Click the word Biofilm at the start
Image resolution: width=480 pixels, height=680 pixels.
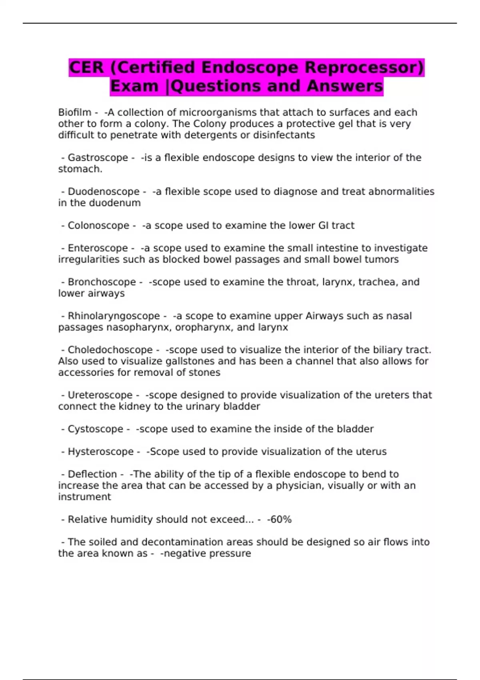coord(74,112)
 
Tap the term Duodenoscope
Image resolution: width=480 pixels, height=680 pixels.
coord(104,192)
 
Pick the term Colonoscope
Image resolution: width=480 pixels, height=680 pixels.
coord(98,226)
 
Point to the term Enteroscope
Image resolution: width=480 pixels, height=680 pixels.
coord(98,248)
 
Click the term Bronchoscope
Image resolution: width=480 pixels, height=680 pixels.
coord(102,282)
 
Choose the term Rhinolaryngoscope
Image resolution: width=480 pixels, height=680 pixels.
coord(114,316)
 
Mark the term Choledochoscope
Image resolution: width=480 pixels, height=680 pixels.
coord(110,350)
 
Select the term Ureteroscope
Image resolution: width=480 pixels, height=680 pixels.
coord(100,395)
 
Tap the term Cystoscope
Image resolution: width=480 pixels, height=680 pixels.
coord(95,429)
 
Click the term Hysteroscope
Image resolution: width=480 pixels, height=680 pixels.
coord(100,452)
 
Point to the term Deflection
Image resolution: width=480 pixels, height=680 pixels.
coord(92,474)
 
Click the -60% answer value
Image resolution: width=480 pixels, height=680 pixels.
coord(279,520)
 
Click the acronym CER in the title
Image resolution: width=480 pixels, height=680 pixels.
coord(86,68)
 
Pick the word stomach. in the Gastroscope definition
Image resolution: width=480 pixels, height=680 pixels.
coord(80,169)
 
